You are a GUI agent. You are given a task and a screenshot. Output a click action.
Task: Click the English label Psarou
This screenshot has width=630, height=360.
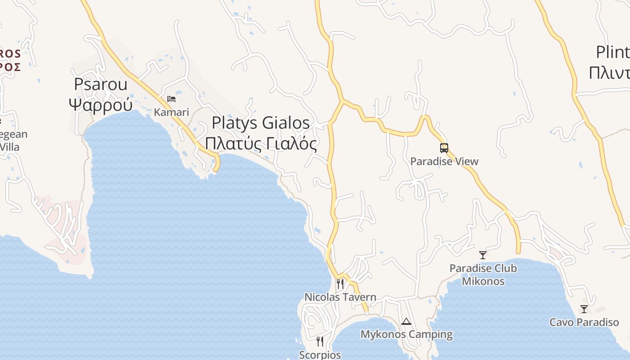[x=101, y=84]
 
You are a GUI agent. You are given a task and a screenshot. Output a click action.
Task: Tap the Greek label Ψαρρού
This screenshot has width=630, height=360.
[x=101, y=104]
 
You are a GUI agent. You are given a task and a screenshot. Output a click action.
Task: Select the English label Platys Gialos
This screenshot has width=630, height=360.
[x=261, y=122]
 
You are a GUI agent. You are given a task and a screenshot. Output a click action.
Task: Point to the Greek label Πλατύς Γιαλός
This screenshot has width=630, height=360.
[x=261, y=143]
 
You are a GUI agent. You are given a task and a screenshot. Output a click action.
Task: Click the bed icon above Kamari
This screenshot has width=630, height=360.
[x=171, y=99]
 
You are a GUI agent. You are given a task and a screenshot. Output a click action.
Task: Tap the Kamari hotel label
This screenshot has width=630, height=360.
[x=171, y=112]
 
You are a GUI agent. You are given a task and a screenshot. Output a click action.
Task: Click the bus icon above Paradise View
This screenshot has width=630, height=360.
[x=444, y=148]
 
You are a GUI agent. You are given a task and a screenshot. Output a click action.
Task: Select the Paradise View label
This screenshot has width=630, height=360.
[x=444, y=161]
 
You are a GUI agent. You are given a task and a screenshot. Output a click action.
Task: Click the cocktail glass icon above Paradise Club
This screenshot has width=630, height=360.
[x=483, y=255]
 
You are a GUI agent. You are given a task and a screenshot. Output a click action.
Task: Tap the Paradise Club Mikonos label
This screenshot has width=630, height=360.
[x=483, y=274]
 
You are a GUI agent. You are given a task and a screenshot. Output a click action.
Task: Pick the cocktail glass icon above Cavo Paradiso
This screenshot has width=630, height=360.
[x=584, y=309]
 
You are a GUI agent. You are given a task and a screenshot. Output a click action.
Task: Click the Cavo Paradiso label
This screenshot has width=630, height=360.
[x=584, y=322]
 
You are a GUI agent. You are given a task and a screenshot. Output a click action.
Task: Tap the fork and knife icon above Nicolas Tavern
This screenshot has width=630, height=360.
[x=340, y=283]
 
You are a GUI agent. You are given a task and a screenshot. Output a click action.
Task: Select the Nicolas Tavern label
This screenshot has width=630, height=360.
[x=340, y=297]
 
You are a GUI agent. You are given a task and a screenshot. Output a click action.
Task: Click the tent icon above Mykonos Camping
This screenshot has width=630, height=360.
[x=406, y=321]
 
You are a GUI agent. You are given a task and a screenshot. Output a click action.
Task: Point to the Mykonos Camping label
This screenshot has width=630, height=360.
[x=406, y=334]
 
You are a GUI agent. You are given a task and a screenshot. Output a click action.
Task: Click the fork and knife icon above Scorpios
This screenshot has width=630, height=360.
[x=320, y=342]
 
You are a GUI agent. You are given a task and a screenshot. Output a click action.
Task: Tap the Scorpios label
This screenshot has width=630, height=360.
[x=320, y=355]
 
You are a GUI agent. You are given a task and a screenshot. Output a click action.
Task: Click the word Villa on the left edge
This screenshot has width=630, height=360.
[x=9, y=147]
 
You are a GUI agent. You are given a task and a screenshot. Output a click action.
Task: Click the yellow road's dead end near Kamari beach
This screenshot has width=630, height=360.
[x=216, y=169]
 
